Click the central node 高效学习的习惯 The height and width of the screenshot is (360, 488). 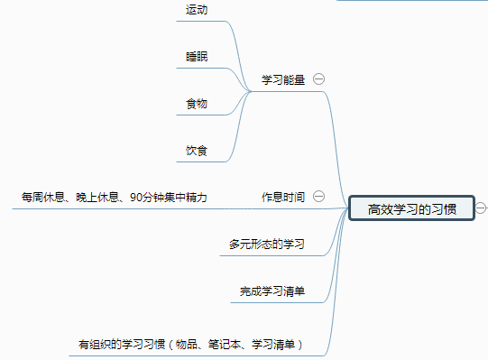[x=411, y=209]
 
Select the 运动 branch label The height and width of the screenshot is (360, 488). [x=197, y=10]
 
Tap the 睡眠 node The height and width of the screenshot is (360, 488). [x=197, y=56]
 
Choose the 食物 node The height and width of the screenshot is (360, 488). [x=197, y=104]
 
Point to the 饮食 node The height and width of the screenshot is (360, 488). [x=197, y=150]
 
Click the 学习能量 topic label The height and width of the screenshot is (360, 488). [x=283, y=78]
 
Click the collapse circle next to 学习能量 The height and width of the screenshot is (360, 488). [x=318, y=78]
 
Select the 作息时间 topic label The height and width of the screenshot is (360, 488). [x=283, y=197]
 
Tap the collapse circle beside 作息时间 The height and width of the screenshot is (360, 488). [x=318, y=197]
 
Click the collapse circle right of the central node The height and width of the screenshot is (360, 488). [x=481, y=208]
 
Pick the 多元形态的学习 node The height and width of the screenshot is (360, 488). [x=267, y=244]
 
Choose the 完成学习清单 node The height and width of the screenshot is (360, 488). [x=272, y=291]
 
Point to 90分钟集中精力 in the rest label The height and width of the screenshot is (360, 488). [x=169, y=197]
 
